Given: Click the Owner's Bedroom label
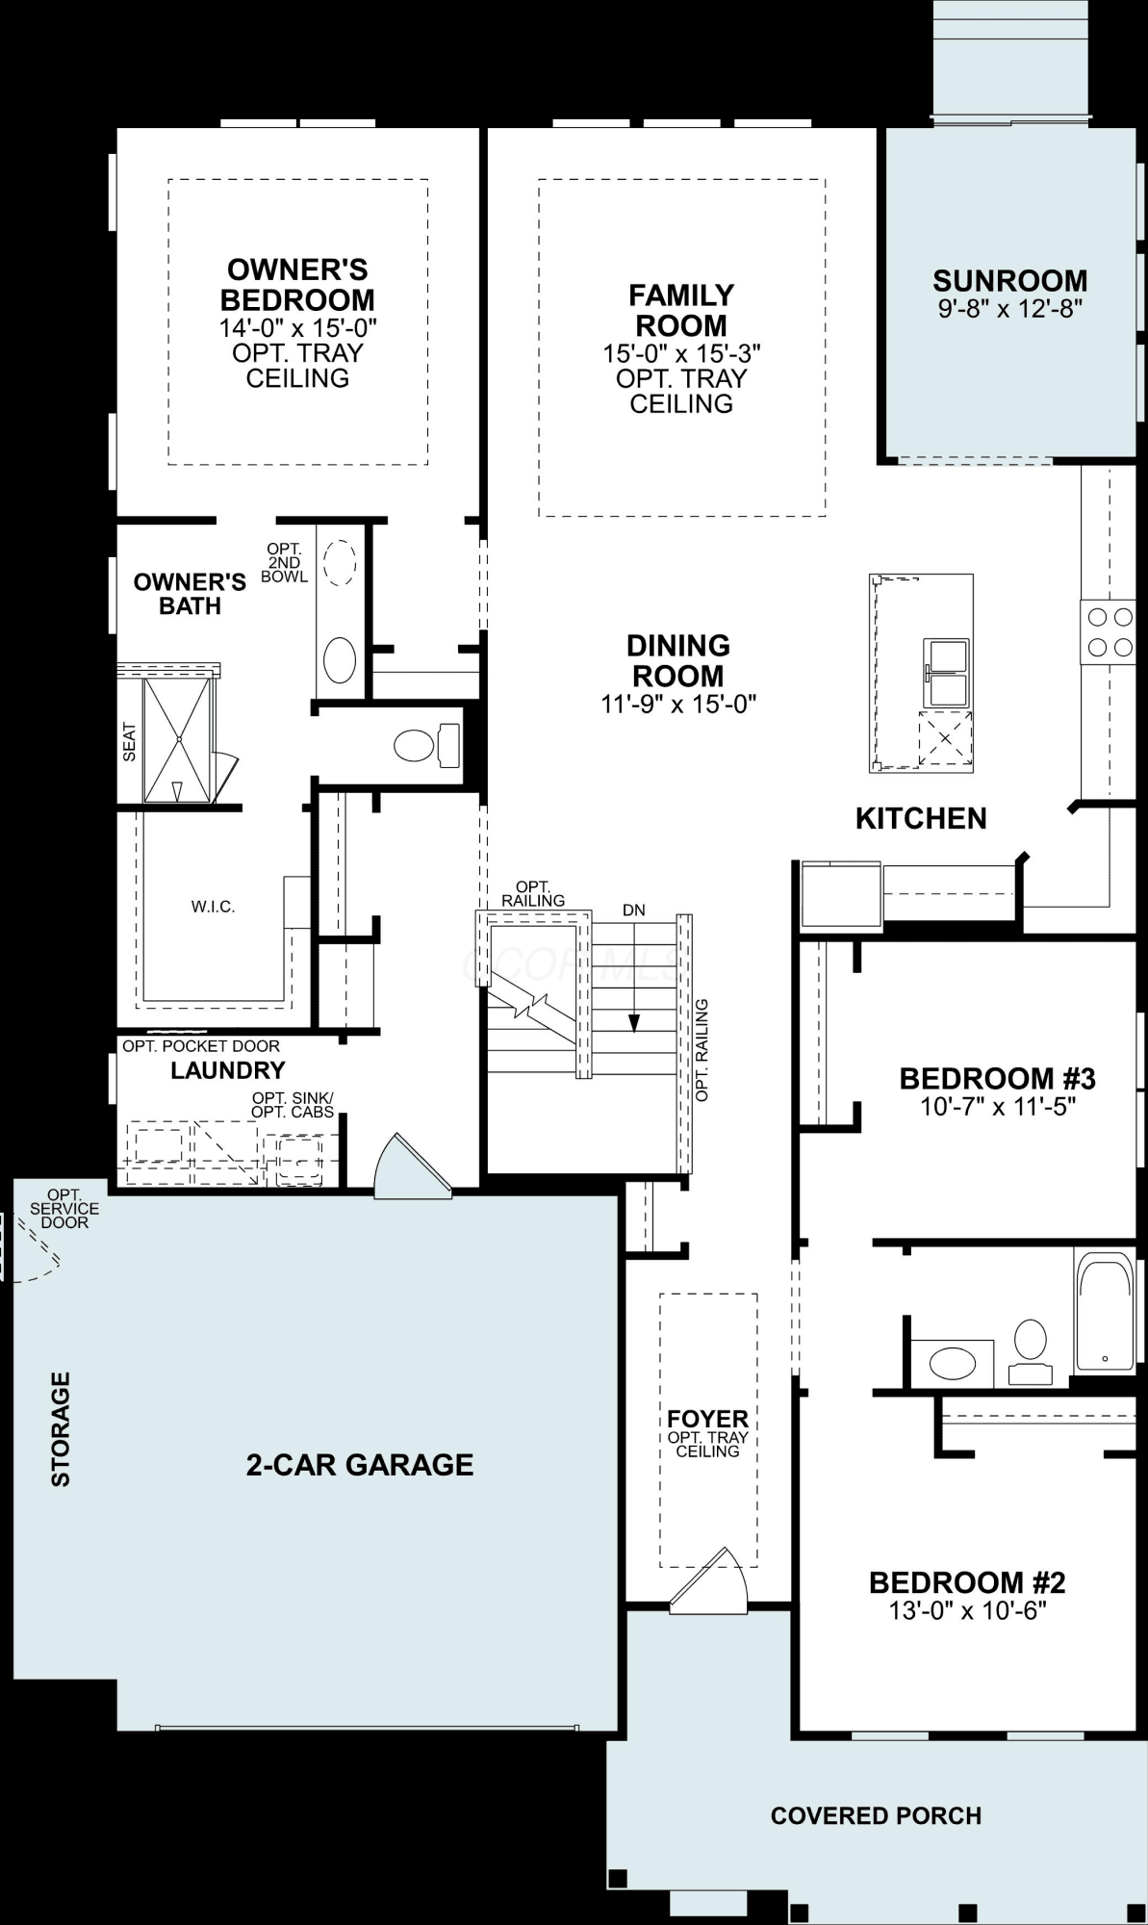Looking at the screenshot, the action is [297, 284].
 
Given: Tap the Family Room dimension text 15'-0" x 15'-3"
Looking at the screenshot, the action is [681, 353].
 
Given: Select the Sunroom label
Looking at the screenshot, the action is [1010, 280].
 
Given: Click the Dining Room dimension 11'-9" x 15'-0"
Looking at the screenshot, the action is [678, 704].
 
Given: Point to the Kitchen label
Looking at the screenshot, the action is [921, 818].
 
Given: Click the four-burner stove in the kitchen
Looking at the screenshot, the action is [1108, 631].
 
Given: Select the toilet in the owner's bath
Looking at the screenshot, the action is [427, 745].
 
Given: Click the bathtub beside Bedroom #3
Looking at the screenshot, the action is [1105, 1311].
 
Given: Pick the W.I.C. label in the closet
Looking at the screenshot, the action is [213, 907].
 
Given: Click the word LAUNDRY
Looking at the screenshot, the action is [228, 1070].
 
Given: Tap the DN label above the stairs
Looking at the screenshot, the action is [633, 910].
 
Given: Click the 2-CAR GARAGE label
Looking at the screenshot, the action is [360, 1465].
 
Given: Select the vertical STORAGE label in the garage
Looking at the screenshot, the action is [61, 1429].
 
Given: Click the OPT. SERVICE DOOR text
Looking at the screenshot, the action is [64, 1209].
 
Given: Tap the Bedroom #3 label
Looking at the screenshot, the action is [998, 1078].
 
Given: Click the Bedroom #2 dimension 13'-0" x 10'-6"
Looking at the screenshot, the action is [967, 1610].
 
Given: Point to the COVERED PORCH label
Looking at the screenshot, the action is [876, 1815].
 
